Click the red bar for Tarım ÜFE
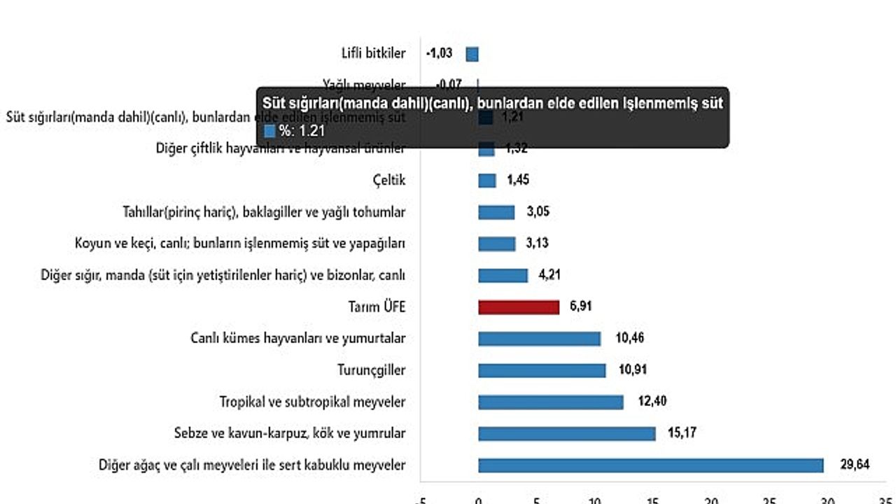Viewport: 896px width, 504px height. coord(519,307)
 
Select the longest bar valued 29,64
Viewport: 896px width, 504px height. coord(651,465)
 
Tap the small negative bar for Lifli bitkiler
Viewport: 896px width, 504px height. coord(472,54)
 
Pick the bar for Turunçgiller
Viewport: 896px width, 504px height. coord(542,370)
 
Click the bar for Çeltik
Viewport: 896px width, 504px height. coord(487,181)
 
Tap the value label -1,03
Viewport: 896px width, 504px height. coord(439,53)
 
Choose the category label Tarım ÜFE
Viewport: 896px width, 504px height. coord(377,307)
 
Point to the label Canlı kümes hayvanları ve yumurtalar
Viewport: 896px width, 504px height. coord(298,339)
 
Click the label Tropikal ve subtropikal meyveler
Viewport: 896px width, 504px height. coord(312,402)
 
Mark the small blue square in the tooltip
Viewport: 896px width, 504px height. coord(270,130)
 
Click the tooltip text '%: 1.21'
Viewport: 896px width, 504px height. coord(293,130)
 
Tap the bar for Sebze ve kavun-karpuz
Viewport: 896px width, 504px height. coord(567,434)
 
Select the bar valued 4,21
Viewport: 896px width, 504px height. coord(503,276)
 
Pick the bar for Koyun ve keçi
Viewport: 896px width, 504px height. coord(497,244)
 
